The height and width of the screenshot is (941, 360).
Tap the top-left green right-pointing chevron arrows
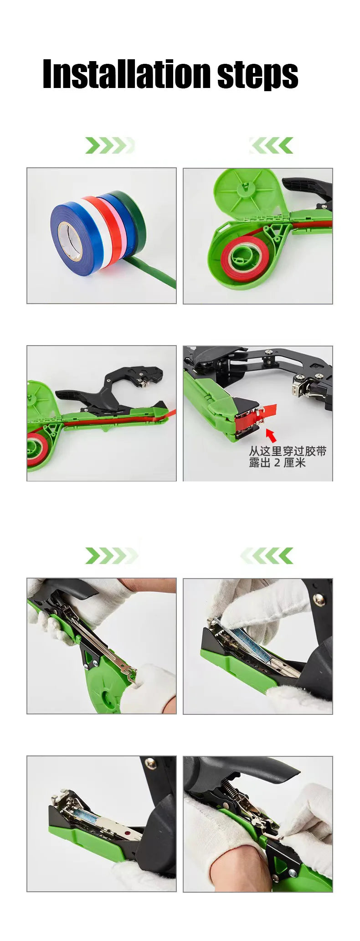pyautogui.click(x=109, y=145)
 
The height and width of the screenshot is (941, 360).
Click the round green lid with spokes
pyautogui.click(x=244, y=191)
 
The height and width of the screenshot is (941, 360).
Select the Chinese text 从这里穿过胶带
pyautogui.click(x=288, y=451)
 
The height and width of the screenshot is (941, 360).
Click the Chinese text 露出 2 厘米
pyautogui.click(x=277, y=463)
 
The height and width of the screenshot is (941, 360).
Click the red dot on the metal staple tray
pyautogui.click(x=128, y=833)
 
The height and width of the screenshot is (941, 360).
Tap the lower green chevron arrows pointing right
pyautogui.click(x=111, y=556)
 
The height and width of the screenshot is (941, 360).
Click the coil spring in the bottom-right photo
pyautogui.click(x=227, y=787)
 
